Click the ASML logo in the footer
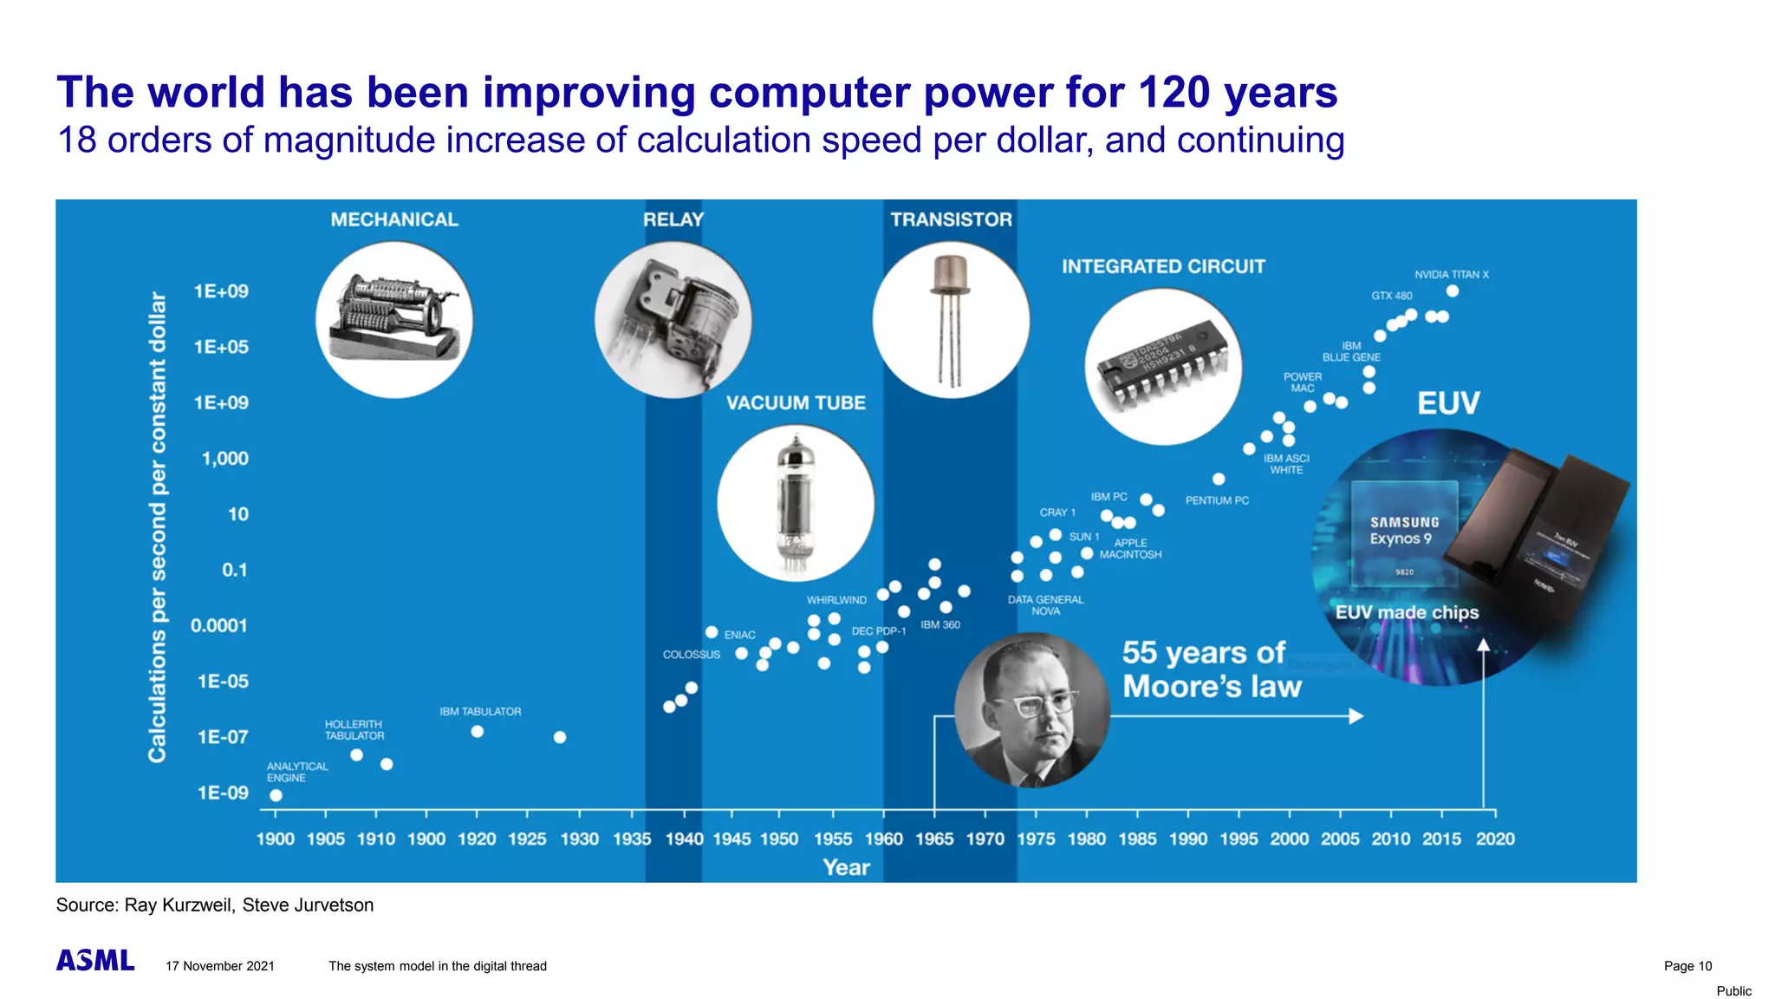pyautogui.click(x=95, y=961)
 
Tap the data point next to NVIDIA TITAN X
pyautogui.click(x=1453, y=291)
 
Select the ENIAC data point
pyautogui.click(x=712, y=632)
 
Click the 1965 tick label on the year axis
pyautogui.click(x=934, y=839)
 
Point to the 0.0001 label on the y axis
pyautogui.click(x=218, y=626)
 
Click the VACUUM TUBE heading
pyautogui.click(x=796, y=403)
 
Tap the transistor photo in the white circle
pyautogui.click(x=950, y=319)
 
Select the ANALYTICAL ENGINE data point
pyautogui.click(x=276, y=795)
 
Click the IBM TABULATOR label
pyautogui.click(x=480, y=712)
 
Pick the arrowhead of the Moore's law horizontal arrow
pyautogui.click(x=1356, y=716)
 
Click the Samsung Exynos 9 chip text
pyautogui.click(x=1403, y=531)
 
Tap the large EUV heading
pyautogui.click(x=1448, y=403)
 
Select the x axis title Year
pyautogui.click(x=846, y=868)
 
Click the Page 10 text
pyautogui.click(x=1687, y=966)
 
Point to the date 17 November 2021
pyautogui.click(x=220, y=966)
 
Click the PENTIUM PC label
pyautogui.click(x=1217, y=500)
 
